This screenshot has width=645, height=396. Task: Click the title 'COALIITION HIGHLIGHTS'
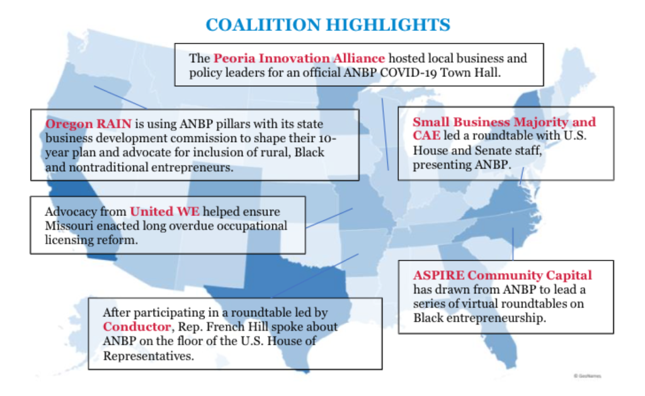pyautogui.click(x=328, y=25)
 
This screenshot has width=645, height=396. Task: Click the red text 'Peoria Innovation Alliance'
pyautogui.click(x=299, y=59)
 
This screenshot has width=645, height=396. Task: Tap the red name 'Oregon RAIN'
pyautogui.click(x=88, y=124)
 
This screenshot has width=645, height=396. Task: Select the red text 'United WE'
pyautogui.click(x=164, y=212)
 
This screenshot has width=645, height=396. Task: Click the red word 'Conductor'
pyautogui.click(x=137, y=327)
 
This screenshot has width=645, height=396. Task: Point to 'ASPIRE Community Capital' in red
pyautogui.click(x=503, y=275)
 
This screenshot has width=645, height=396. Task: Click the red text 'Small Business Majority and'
pyautogui.click(x=505, y=122)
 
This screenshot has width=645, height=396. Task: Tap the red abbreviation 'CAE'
pyautogui.click(x=426, y=135)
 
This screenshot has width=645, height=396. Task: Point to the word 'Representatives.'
pyautogui.click(x=149, y=356)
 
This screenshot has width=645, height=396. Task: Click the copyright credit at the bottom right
pyautogui.click(x=588, y=376)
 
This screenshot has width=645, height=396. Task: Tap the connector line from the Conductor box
pyautogui.click(x=315, y=276)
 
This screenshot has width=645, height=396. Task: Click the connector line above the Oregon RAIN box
pyautogui.click(x=120, y=98)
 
